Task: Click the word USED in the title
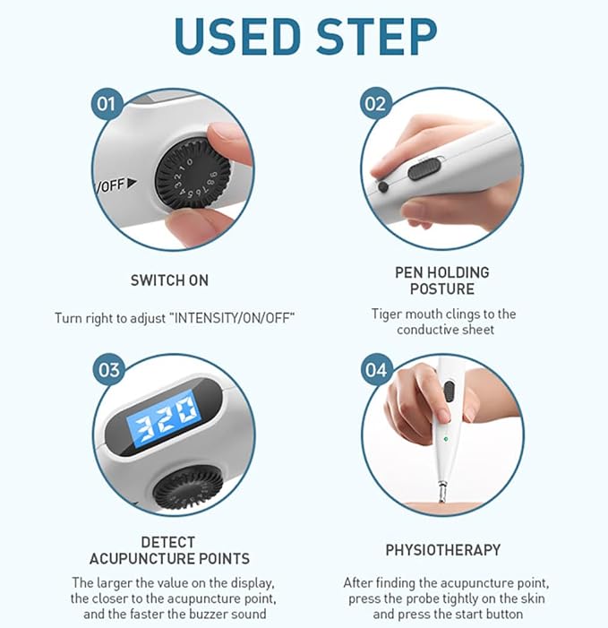click(237, 36)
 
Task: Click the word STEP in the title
click(377, 36)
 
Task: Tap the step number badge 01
click(106, 103)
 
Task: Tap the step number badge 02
click(375, 103)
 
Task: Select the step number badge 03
click(108, 369)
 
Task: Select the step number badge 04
click(375, 369)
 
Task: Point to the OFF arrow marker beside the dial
click(132, 184)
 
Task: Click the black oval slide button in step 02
click(424, 169)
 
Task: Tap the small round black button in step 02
click(383, 186)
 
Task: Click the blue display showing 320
click(162, 418)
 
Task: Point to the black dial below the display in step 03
click(188, 487)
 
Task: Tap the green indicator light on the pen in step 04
click(446, 439)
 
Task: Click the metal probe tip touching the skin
click(442, 492)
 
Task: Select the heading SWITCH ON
click(169, 280)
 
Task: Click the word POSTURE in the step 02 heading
click(442, 288)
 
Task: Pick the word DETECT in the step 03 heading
click(168, 542)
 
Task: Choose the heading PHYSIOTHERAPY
click(443, 550)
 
